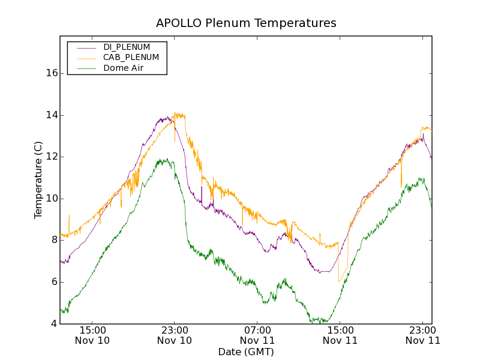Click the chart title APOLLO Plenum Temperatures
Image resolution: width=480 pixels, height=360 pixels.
coord(246,23)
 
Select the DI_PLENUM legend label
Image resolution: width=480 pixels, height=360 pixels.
coord(127,47)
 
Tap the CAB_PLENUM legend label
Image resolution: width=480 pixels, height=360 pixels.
coord(131,58)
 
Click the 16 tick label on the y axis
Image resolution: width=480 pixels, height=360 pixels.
coord(52,73)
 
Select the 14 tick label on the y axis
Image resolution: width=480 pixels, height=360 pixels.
coord(52,115)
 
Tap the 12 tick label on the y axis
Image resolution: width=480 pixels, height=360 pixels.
coord(52,157)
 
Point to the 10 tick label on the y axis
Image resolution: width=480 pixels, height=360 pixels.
coord(52,199)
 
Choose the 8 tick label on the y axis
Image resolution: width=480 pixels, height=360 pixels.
coord(54,240)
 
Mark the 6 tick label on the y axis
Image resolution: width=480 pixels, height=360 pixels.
coord(54,282)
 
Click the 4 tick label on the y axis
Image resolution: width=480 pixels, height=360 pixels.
coord(54,324)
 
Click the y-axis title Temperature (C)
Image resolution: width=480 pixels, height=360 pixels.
coord(38,180)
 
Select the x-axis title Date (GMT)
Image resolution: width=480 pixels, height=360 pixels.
coord(246,352)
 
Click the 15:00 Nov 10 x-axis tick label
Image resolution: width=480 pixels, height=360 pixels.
coord(92,335)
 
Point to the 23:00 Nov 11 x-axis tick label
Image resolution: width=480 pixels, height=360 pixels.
coord(422,335)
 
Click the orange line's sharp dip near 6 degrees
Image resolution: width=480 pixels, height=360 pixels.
coord(339,281)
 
